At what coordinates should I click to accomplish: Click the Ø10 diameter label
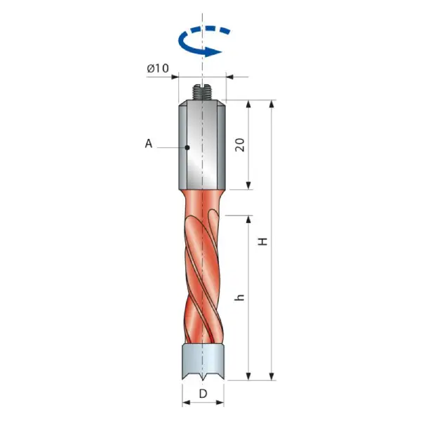coord(158,68)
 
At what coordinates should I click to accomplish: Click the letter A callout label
coord(149,144)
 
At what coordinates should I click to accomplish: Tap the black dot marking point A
coord(187,147)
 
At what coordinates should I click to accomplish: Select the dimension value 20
coord(240,145)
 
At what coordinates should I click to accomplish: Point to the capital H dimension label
coord(263,241)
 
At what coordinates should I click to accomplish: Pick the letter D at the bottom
coord(203,394)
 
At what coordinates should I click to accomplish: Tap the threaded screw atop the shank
coord(203,93)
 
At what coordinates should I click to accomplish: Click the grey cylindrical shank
coord(202,145)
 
